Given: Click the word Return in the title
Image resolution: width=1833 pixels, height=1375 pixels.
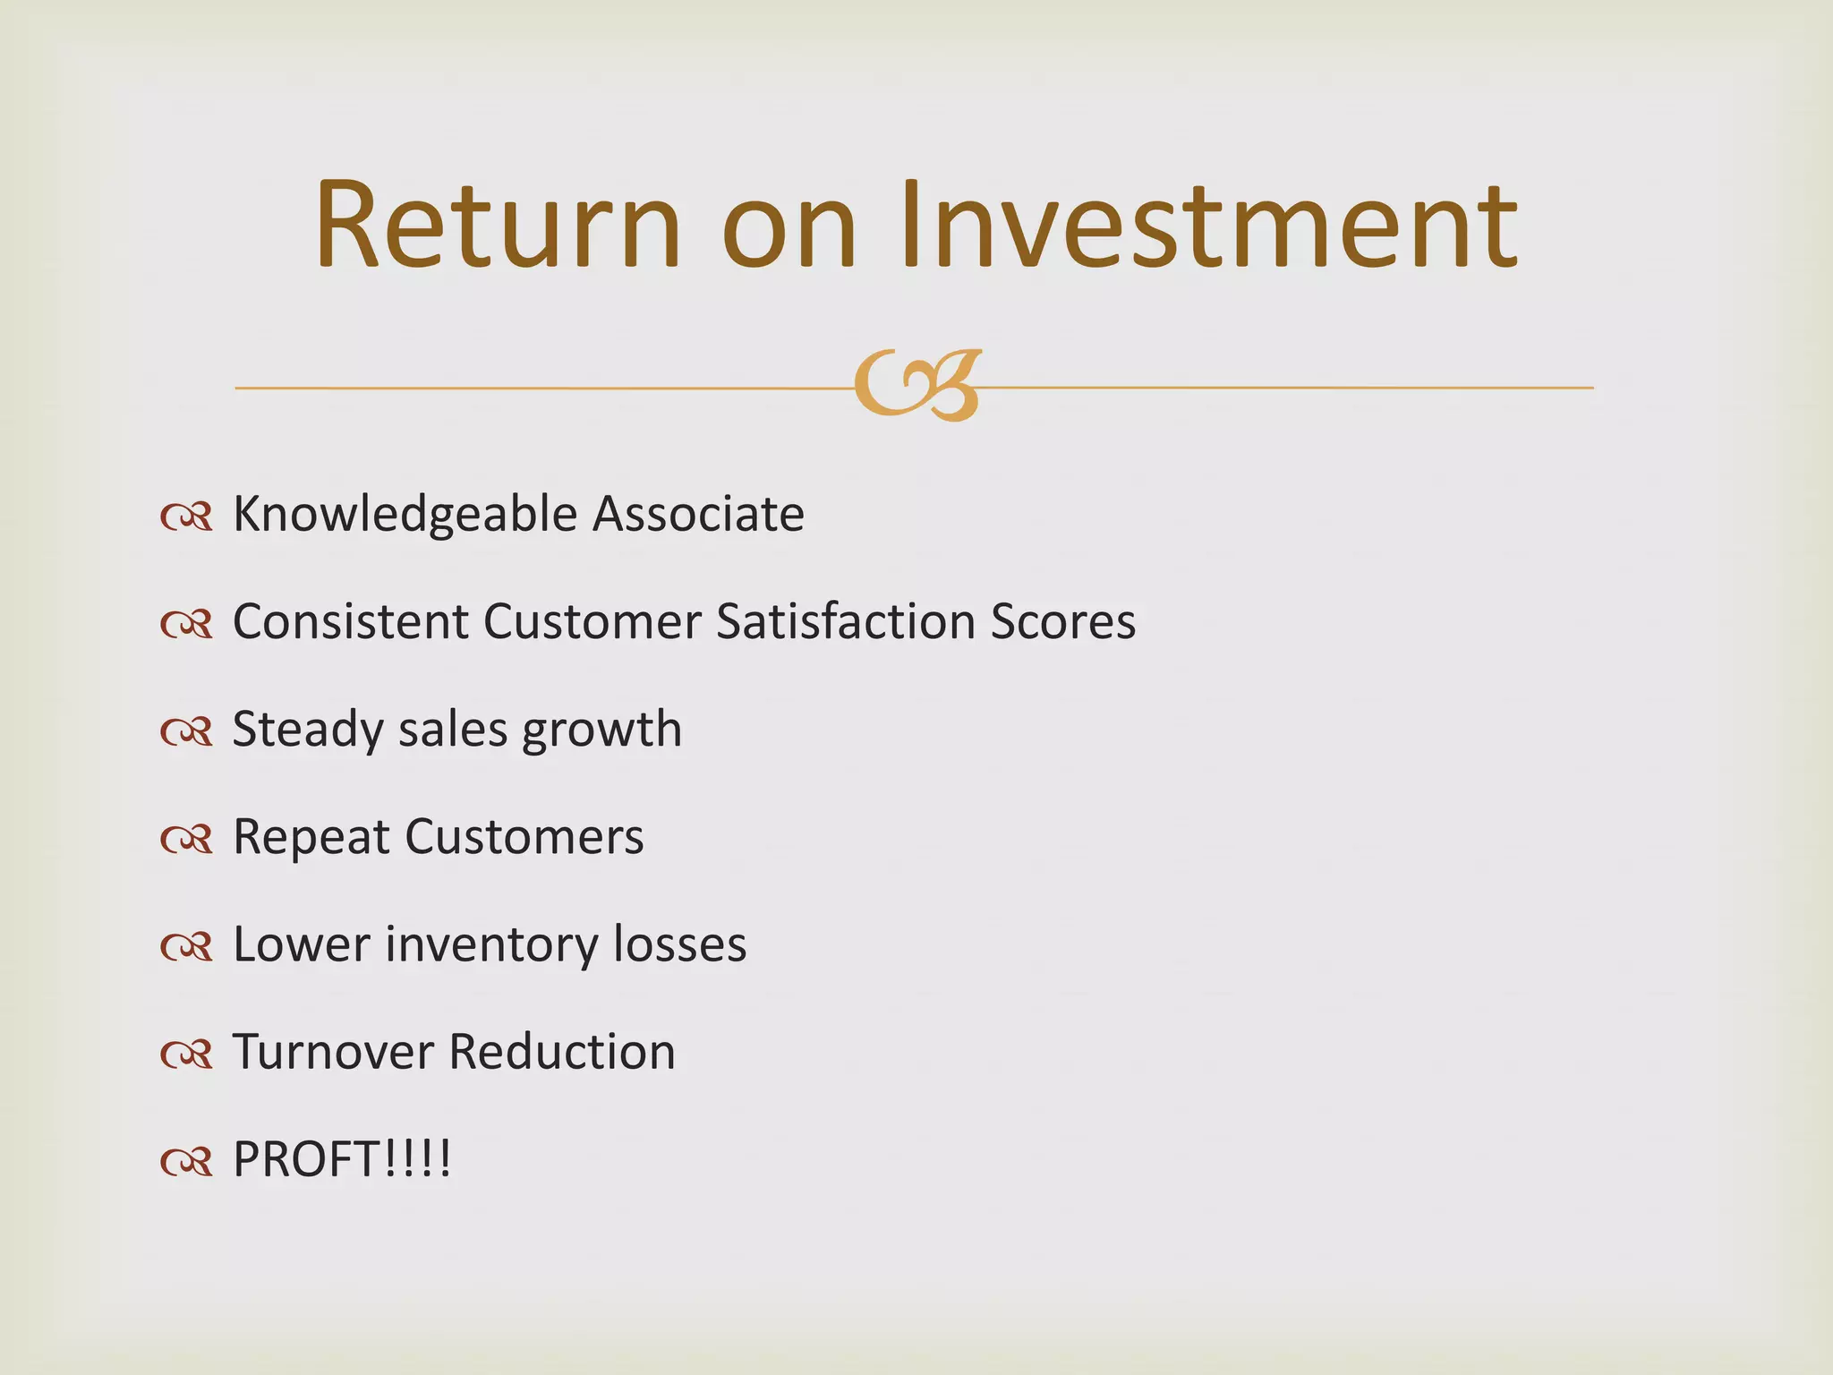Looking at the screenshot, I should coord(498,226).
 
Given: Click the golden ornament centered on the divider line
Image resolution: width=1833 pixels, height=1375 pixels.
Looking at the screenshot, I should coord(917,385).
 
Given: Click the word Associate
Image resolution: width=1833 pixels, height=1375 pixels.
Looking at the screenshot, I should coord(698,514).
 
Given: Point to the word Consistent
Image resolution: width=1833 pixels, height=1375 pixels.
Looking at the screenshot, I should coord(350,621).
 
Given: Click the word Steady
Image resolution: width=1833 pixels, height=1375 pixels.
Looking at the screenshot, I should coord(308,730).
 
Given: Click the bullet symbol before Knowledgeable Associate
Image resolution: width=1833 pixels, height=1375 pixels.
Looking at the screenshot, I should coord(186,517).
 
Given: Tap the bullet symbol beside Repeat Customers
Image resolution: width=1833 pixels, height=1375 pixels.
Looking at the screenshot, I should coord(186,839).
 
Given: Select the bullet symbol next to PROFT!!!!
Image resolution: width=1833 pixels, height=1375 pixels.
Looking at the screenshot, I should coord(186,1161).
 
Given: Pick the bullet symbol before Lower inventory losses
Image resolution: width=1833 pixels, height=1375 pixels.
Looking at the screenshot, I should coord(186,946).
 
